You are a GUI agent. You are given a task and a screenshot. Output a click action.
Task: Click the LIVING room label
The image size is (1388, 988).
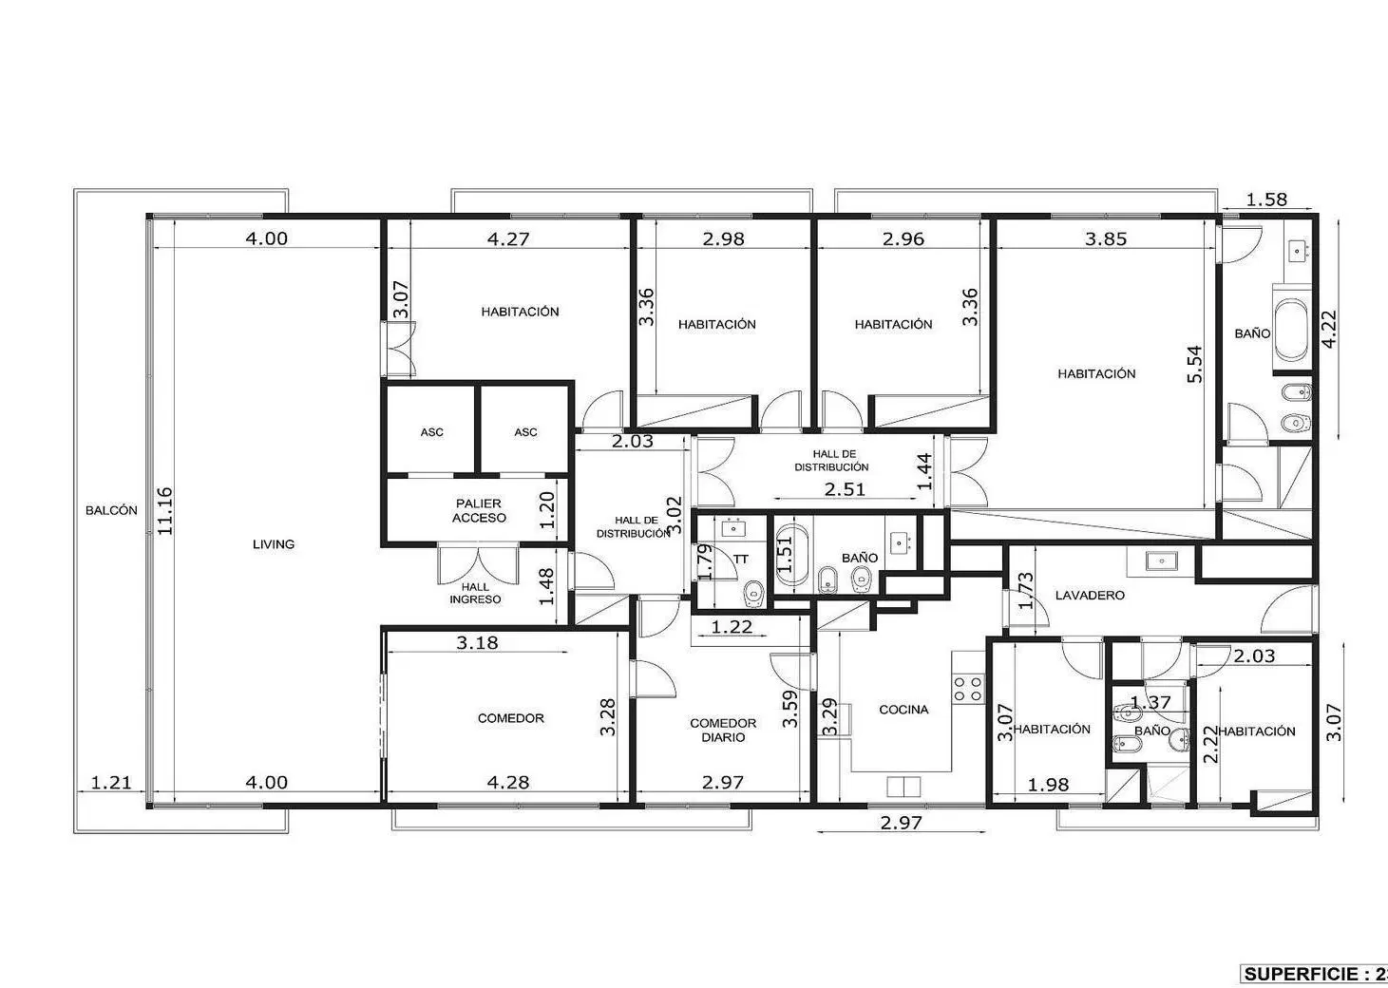coord(274,544)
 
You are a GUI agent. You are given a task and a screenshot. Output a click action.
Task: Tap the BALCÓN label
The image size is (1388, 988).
coord(111,510)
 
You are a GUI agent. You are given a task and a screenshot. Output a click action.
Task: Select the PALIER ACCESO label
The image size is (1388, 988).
coord(479,511)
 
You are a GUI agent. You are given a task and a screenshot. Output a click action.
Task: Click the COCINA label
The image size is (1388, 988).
coord(903,710)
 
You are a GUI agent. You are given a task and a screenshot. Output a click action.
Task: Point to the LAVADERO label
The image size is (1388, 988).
coord(1090,596)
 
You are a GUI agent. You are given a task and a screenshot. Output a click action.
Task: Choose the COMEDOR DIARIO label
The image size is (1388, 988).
coord(723,731)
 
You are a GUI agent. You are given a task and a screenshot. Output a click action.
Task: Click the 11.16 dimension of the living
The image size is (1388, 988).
coord(164,511)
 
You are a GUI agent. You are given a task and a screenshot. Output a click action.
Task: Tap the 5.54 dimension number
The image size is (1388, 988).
coord(1194,364)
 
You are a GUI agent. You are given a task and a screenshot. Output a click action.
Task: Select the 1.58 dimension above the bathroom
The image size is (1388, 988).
coord(1266,199)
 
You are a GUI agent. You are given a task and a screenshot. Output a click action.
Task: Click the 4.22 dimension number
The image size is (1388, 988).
coord(1329,329)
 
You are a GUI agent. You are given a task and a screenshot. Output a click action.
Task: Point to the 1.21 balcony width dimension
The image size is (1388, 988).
coord(111,783)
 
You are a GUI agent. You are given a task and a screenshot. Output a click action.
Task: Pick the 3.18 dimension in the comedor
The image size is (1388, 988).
coord(477,642)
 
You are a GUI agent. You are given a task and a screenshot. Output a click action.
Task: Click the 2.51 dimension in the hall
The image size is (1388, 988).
coord(845,489)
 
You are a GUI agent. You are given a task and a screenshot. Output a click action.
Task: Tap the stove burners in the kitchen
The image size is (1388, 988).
coord(968,689)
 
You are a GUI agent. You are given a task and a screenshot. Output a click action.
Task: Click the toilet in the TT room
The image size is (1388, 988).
coord(752,593)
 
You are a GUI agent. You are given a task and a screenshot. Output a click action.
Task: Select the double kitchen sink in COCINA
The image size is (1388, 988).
coord(903,786)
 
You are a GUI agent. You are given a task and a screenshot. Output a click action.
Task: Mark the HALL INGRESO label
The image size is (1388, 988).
coord(475,594)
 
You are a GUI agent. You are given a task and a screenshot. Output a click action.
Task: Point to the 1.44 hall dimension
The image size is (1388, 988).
coord(923,472)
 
